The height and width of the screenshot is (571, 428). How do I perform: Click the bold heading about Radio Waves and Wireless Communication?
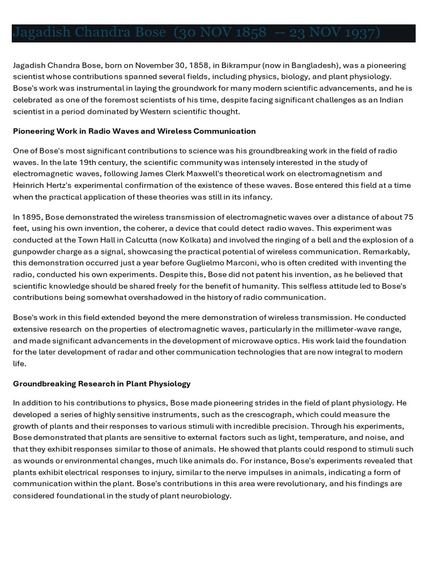point(134,131)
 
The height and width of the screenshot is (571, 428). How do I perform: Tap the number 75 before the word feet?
point(408,217)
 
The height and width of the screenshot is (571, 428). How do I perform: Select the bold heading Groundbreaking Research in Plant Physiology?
point(102,384)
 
